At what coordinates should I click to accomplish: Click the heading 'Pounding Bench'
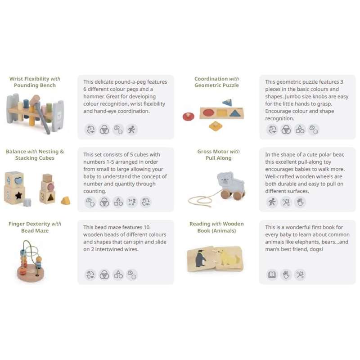click(x=35, y=85)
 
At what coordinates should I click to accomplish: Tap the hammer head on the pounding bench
click(x=35, y=100)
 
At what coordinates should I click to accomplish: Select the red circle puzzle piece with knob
click(x=188, y=116)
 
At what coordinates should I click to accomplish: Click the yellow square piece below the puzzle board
click(x=216, y=126)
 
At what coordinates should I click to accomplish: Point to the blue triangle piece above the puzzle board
click(x=227, y=103)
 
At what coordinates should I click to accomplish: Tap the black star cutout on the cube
click(x=18, y=195)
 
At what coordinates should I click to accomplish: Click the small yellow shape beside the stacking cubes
click(x=66, y=200)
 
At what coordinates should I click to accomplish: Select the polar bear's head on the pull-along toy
click(x=225, y=178)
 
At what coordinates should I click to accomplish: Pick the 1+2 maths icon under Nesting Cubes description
click(x=132, y=202)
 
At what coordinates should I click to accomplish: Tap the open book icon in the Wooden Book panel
click(x=272, y=274)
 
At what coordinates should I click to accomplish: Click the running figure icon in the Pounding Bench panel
click(x=132, y=130)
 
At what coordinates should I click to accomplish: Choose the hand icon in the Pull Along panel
click(x=300, y=202)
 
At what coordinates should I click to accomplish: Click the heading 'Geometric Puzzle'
click(x=216, y=85)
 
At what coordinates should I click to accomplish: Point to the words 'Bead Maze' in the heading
click(x=35, y=230)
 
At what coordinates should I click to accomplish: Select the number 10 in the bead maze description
click(x=147, y=227)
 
